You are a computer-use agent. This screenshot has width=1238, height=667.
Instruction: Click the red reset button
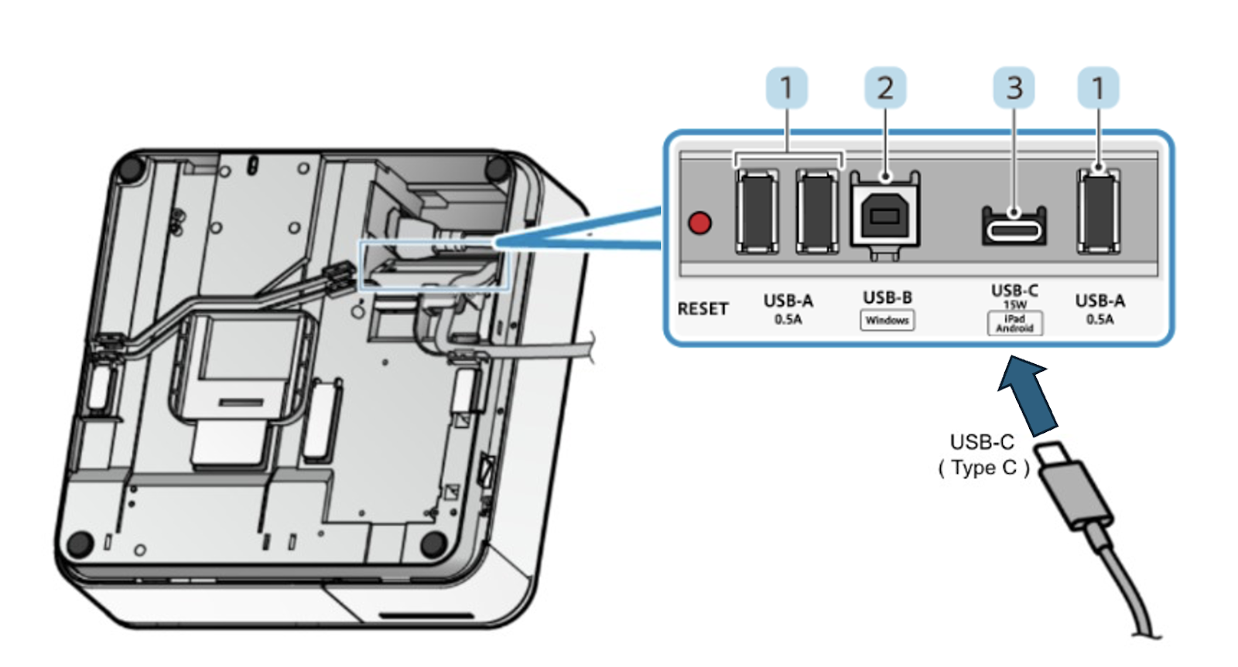tap(699, 223)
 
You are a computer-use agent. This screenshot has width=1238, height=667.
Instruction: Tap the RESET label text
tap(703, 308)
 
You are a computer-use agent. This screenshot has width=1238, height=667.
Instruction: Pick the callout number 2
tap(885, 88)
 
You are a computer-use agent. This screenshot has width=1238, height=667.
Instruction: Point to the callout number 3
tap(1014, 88)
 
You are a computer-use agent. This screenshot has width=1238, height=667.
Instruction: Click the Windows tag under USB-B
tap(887, 320)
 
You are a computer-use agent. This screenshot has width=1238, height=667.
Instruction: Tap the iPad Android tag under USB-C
tap(1014, 323)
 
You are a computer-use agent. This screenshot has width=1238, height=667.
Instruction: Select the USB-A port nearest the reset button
tap(758, 212)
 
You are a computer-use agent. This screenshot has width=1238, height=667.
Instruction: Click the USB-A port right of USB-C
tap(1099, 212)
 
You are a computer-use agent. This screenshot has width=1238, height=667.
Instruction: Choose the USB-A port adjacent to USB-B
tap(818, 212)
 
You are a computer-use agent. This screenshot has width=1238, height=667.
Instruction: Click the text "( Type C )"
tap(983, 468)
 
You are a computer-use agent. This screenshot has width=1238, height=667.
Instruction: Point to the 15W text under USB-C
tap(1014, 305)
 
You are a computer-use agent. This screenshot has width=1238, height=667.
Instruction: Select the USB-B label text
tap(887, 298)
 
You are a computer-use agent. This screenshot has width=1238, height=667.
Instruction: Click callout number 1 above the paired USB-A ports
tap(786, 88)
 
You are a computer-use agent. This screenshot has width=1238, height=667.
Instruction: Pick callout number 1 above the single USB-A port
tap(1098, 88)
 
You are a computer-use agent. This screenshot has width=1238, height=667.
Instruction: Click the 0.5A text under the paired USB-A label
tap(788, 320)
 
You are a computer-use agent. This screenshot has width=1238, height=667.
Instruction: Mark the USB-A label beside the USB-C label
tap(1099, 301)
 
